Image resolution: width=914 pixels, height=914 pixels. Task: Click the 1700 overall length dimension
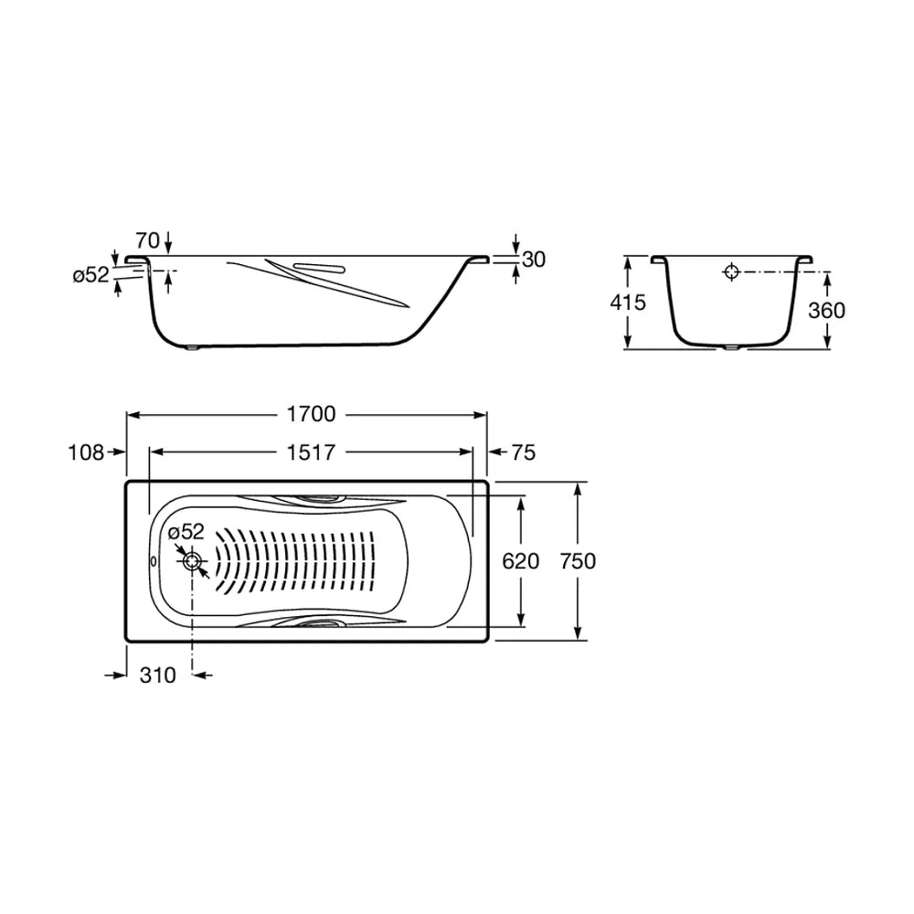pyautogui.click(x=312, y=414)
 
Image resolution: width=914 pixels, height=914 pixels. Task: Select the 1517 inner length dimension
pyautogui.click(x=312, y=452)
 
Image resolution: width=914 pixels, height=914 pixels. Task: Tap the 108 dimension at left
pyautogui.click(x=86, y=452)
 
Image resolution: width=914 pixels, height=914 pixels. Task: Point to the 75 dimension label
pyautogui.click(x=524, y=452)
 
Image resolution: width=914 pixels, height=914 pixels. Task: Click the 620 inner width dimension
pyautogui.click(x=521, y=561)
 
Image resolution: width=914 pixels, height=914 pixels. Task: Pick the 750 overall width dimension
pyautogui.click(x=578, y=561)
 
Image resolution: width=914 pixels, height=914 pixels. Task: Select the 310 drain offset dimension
pyautogui.click(x=158, y=675)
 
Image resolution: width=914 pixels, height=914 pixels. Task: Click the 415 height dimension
pyautogui.click(x=628, y=303)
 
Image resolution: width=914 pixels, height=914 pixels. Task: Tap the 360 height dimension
pyautogui.click(x=826, y=311)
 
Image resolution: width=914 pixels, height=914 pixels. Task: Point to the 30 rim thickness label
pyautogui.click(x=534, y=260)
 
